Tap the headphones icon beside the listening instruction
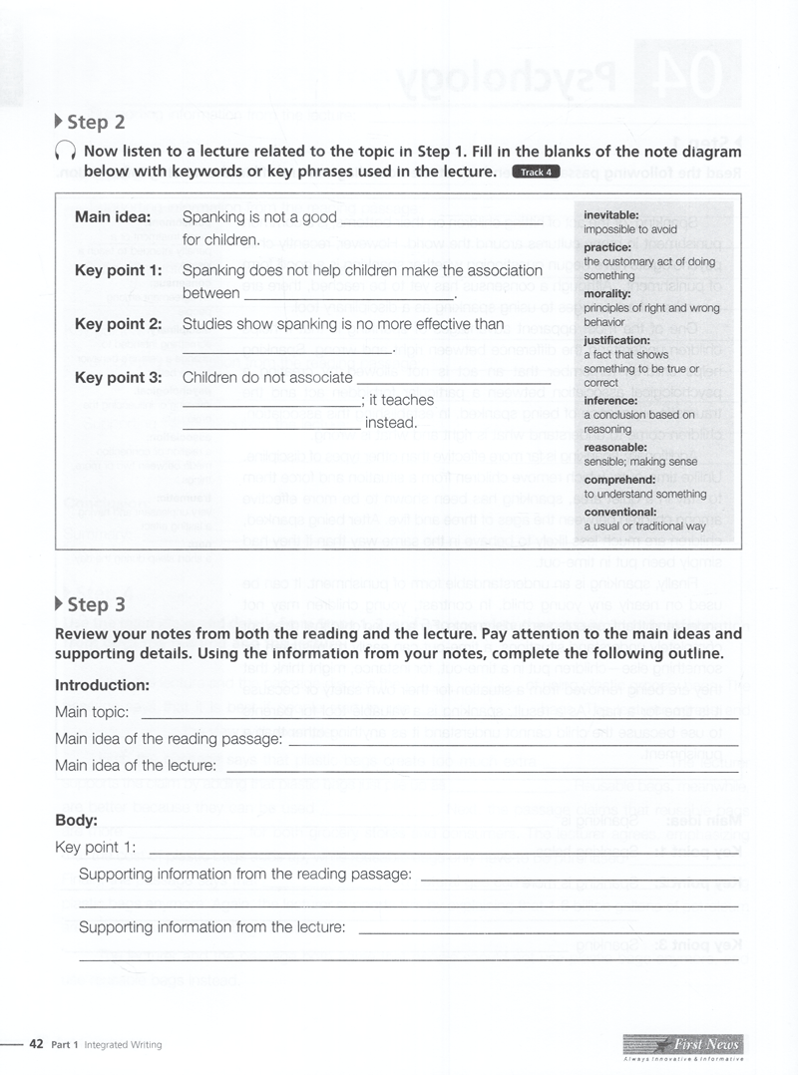tap(65, 153)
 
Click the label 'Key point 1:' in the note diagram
tap(118, 270)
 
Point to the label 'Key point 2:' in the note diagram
tap(118, 324)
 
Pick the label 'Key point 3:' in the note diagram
tap(118, 378)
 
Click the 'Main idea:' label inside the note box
tap(112, 216)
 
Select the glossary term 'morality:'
tap(607, 294)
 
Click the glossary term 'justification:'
tap(616, 340)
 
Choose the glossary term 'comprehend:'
tap(618, 480)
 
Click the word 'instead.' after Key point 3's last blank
tap(390, 423)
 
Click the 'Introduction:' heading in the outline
tap(102, 685)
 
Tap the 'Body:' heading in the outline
tap(76, 821)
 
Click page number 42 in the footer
tap(36, 1044)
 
